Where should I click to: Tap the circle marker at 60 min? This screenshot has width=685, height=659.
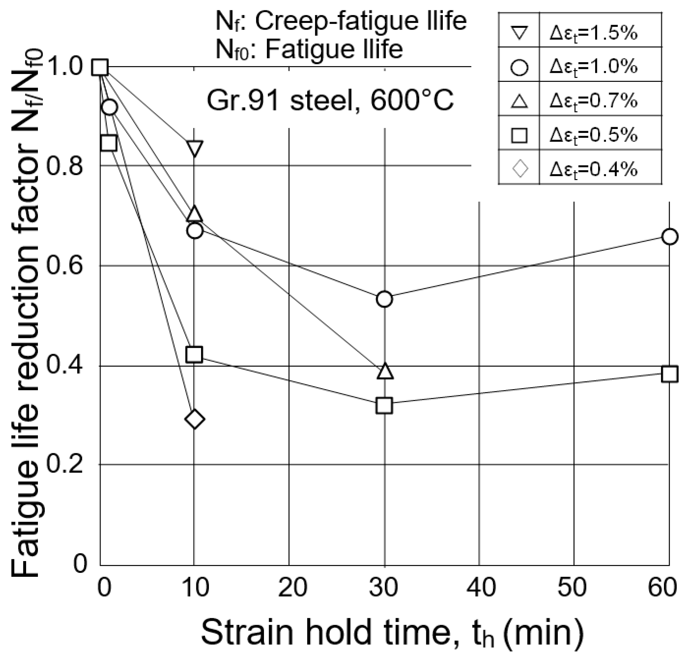pos(669,237)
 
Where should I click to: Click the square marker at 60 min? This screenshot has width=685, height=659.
pos(669,374)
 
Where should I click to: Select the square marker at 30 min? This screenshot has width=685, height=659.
pos(385,406)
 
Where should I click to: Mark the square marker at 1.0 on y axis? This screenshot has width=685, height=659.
pos(99,67)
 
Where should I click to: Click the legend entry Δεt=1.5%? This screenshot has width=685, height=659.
pos(593,34)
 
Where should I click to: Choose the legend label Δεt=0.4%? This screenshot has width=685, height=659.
pos(593,169)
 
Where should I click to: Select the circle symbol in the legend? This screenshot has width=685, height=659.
pos(519,67)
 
